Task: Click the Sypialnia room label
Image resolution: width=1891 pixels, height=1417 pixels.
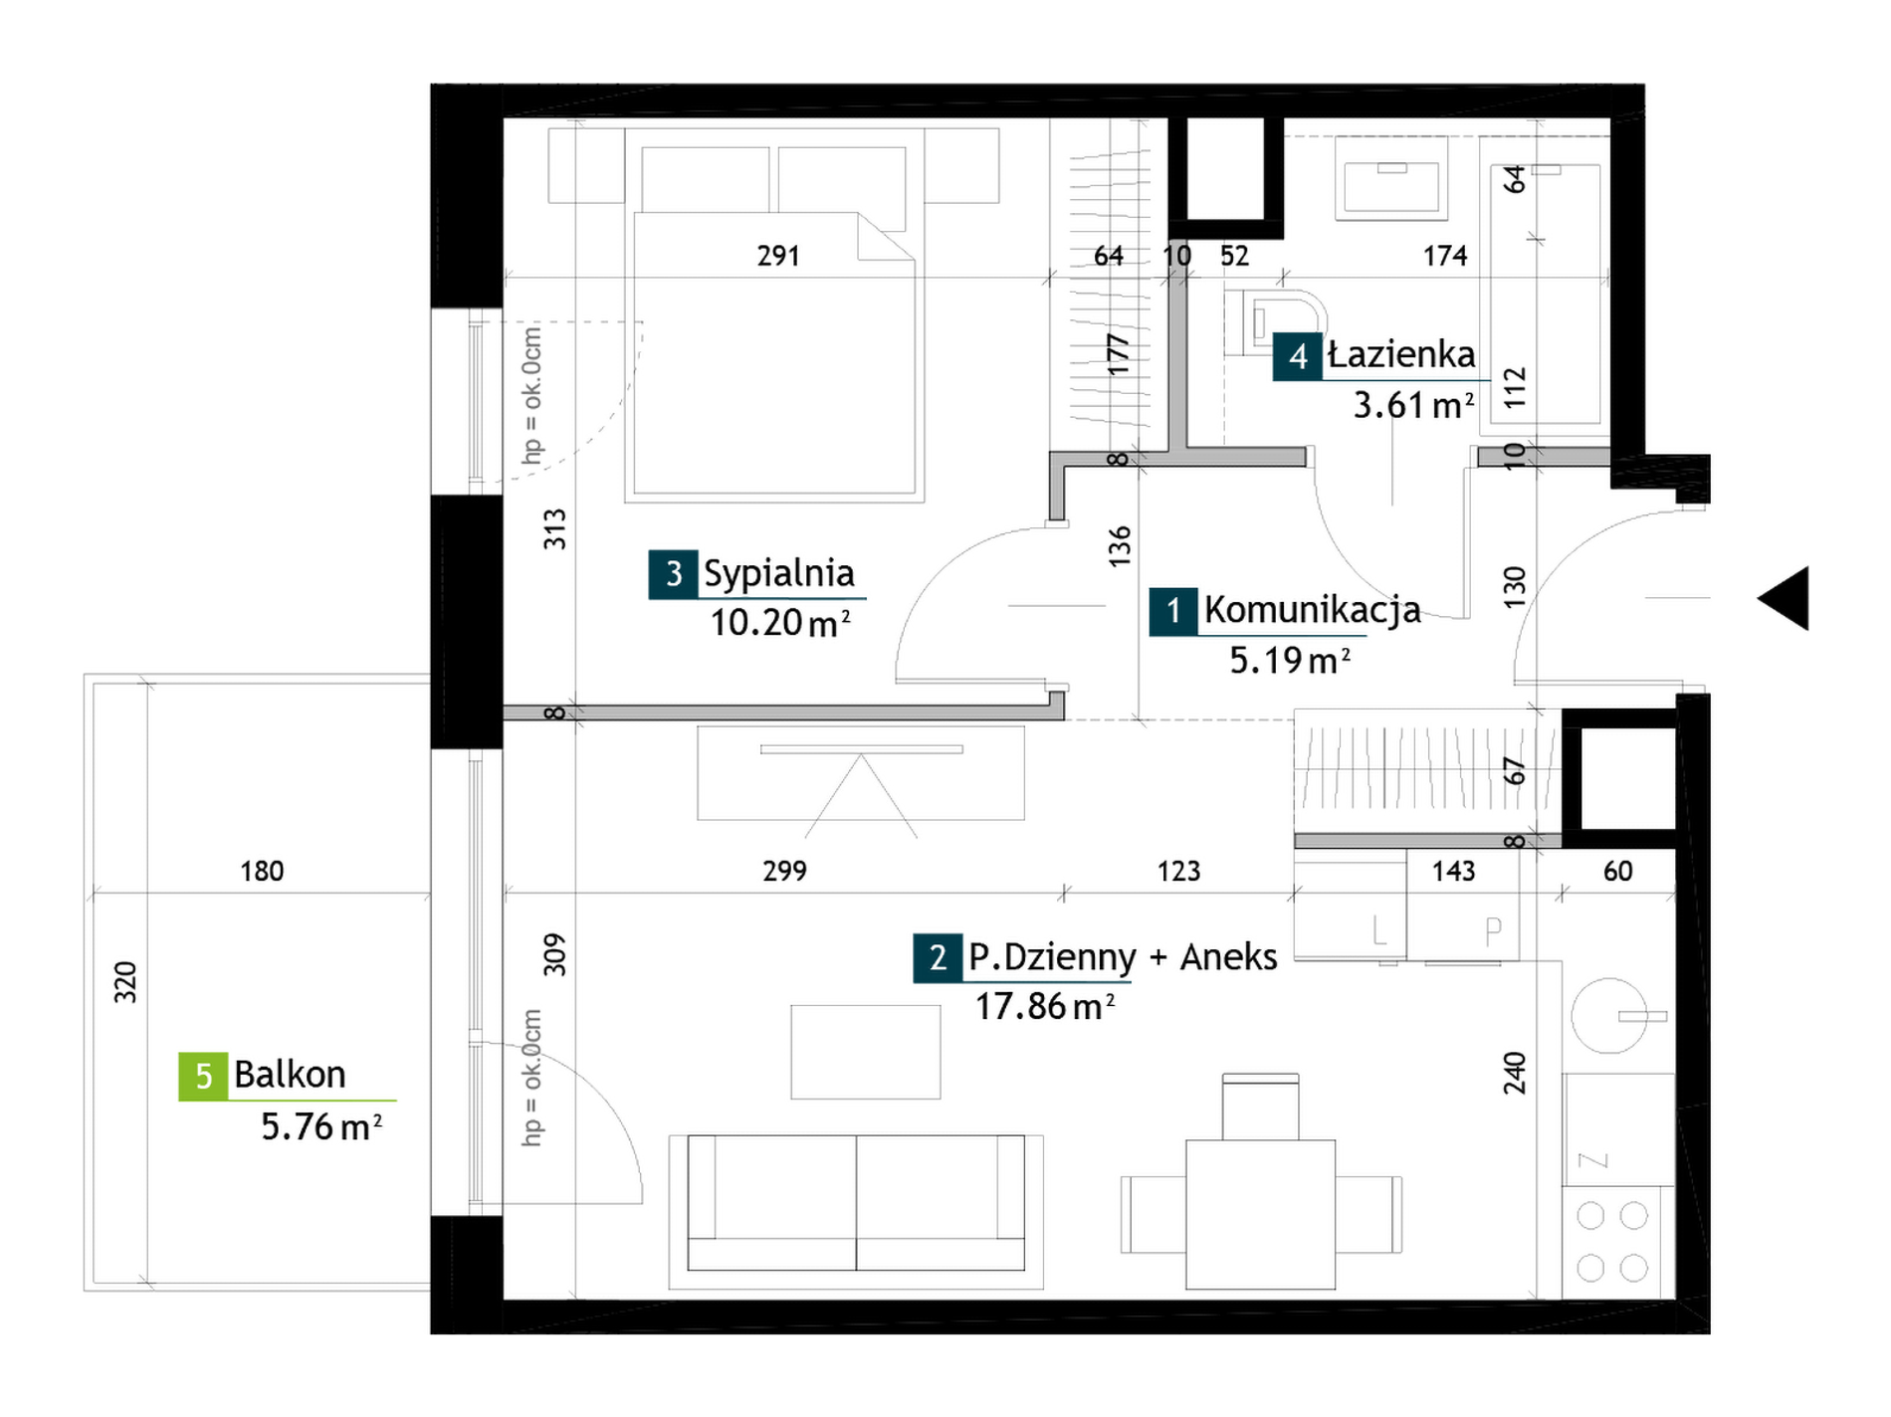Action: [778, 574]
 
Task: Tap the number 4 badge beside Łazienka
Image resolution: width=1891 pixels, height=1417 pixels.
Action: [1297, 356]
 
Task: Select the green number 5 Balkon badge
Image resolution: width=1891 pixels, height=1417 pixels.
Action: [203, 1076]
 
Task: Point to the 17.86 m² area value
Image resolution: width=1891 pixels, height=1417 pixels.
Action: [1044, 1006]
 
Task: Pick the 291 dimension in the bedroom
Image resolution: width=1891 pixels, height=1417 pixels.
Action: [777, 256]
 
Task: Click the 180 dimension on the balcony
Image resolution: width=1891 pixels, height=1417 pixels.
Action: [262, 871]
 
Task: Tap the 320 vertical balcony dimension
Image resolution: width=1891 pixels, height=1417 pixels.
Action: [124, 981]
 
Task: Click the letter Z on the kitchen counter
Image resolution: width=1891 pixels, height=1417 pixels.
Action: [1592, 1160]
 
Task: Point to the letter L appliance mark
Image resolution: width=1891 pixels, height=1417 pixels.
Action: [1378, 930]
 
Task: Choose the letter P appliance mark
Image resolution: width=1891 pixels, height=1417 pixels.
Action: [1493, 930]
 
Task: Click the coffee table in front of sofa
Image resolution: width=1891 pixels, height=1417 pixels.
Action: [865, 1052]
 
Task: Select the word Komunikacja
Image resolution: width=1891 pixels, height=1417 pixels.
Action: [1312, 610]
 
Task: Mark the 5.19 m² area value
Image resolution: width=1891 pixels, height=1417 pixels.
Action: [1290, 660]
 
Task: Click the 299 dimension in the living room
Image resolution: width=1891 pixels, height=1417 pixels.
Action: [784, 871]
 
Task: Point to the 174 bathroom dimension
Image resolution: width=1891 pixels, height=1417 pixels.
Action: [1445, 256]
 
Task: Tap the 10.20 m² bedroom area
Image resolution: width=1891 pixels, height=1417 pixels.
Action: [779, 623]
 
